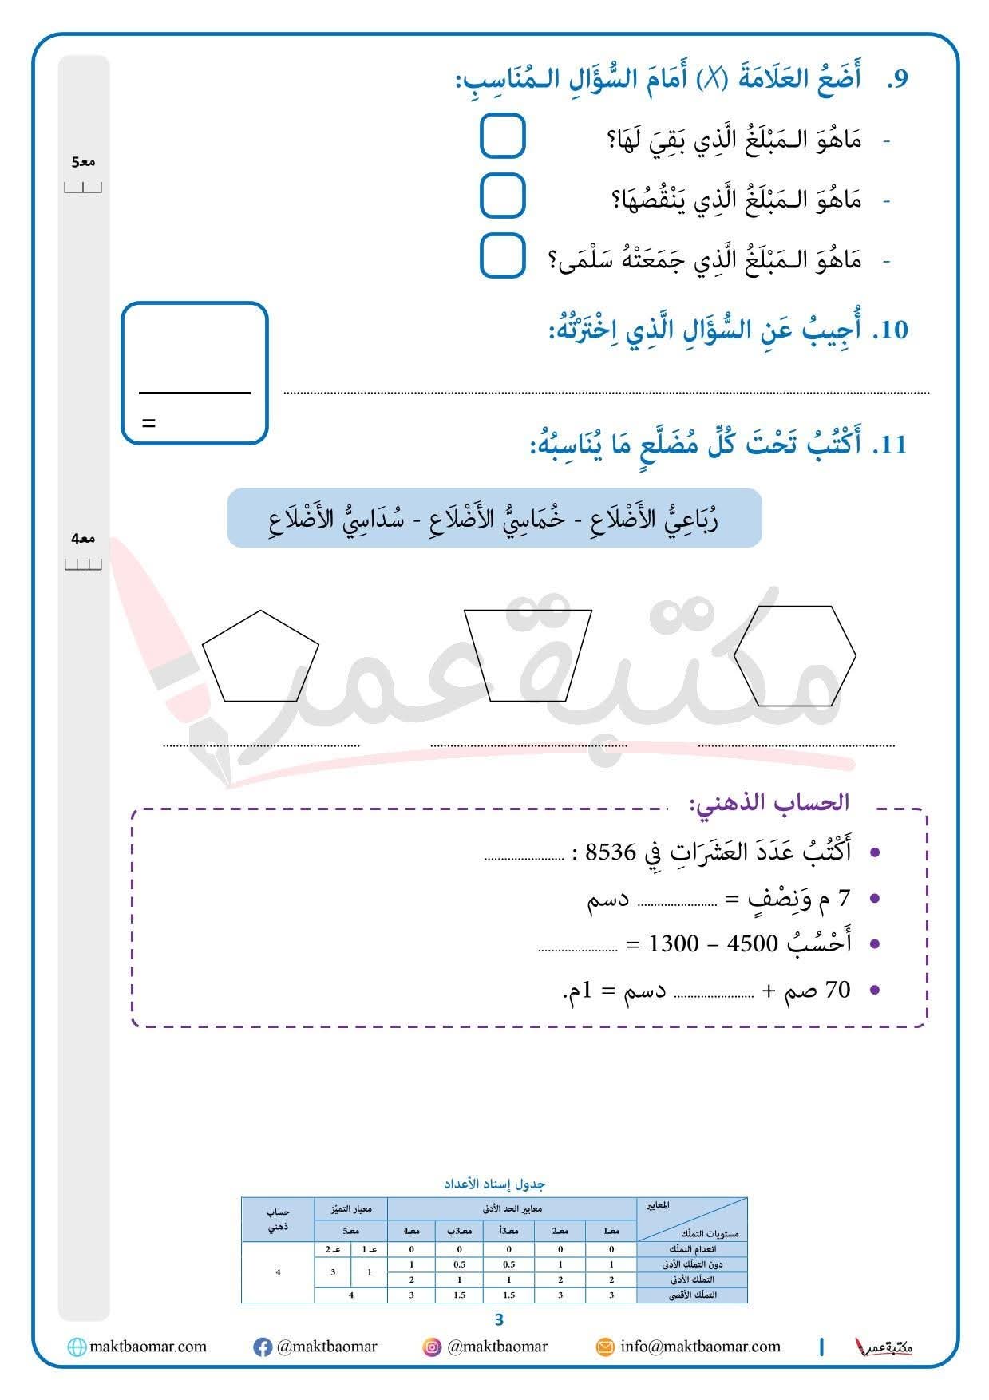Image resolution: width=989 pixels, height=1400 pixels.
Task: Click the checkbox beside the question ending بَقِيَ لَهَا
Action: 502,136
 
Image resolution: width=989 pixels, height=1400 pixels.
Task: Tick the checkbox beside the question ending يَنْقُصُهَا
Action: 502,196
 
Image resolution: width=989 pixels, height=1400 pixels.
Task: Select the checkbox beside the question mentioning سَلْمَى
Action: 502,255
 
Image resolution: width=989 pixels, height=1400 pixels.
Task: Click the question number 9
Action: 897,80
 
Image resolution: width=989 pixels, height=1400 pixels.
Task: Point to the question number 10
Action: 890,330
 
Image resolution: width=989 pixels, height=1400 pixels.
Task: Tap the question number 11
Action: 890,445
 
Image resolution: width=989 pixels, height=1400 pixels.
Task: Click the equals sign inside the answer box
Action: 148,423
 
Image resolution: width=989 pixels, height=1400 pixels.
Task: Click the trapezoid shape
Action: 528,655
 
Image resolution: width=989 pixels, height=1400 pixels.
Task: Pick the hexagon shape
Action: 794,656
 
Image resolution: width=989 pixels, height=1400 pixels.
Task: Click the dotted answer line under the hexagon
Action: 796,746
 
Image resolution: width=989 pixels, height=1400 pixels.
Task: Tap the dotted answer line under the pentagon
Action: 261,746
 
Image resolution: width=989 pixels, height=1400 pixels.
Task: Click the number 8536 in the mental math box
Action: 611,852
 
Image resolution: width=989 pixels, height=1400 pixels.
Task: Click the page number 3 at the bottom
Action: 500,1319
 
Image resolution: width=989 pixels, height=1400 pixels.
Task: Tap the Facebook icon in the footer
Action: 262,1347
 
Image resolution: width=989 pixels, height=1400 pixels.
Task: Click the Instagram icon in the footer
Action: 432,1347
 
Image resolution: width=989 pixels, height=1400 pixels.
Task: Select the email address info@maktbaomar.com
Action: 700,1347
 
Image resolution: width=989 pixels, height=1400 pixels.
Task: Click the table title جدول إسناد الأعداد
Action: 495,1184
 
